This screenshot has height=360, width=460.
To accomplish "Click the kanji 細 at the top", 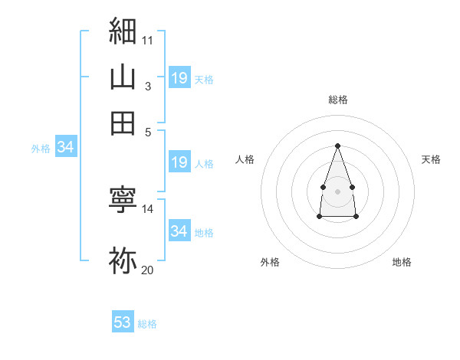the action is [x=123, y=31].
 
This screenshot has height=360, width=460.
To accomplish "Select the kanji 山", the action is [x=123, y=77].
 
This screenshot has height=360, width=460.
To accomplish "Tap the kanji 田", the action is [x=123, y=123].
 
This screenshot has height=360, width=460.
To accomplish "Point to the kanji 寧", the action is [x=123, y=199].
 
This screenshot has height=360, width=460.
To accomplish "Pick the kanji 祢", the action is [x=123, y=260].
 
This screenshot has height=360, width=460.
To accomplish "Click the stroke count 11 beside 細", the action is [x=147, y=41].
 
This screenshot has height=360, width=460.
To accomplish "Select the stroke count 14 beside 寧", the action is [x=147, y=209].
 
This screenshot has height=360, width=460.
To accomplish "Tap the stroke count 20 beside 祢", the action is [x=147, y=270].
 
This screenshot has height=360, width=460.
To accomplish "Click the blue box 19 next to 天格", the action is [x=179, y=77].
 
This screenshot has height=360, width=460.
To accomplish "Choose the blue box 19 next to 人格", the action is [x=179, y=162].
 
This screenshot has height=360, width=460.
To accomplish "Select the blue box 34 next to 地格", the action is [x=179, y=230].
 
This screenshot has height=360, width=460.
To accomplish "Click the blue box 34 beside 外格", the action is [x=66, y=146].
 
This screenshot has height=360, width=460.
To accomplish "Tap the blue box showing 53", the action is [x=123, y=321].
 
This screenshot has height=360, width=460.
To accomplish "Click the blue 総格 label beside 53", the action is [x=147, y=324].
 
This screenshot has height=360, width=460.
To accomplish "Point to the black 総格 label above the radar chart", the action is [x=338, y=100].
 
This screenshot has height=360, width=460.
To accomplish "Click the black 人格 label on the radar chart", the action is [x=245, y=159].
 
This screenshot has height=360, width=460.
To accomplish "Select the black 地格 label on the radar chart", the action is [x=402, y=262].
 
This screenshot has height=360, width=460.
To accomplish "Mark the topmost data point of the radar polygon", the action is [x=337, y=146].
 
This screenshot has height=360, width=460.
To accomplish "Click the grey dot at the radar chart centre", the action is [x=337, y=191].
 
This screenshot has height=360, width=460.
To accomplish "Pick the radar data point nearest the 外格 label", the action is [x=320, y=216].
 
